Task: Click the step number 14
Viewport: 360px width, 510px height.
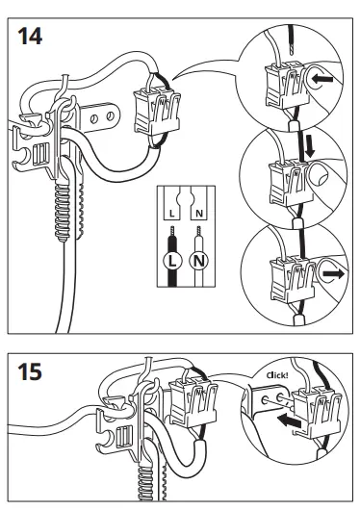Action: (30, 37)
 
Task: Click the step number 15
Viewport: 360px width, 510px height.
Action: (30, 371)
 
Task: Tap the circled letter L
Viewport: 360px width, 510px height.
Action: (172, 261)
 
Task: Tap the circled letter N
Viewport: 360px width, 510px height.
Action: (199, 261)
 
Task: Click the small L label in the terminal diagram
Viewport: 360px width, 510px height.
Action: (172, 214)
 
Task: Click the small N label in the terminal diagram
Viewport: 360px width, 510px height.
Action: (199, 214)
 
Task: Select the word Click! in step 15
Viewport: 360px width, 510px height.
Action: (277, 375)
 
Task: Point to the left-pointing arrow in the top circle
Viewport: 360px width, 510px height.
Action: (322, 78)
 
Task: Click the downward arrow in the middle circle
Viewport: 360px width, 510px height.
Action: (310, 146)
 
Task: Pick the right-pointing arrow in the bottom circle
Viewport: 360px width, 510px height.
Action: (333, 274)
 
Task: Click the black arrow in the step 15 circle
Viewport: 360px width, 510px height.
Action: (289, 421)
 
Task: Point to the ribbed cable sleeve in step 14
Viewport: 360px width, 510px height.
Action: (63, 212)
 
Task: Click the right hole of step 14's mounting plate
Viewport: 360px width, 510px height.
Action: (111, 115)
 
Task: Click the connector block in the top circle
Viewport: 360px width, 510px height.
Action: (286, 86)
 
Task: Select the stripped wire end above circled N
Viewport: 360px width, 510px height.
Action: (198, 231)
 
